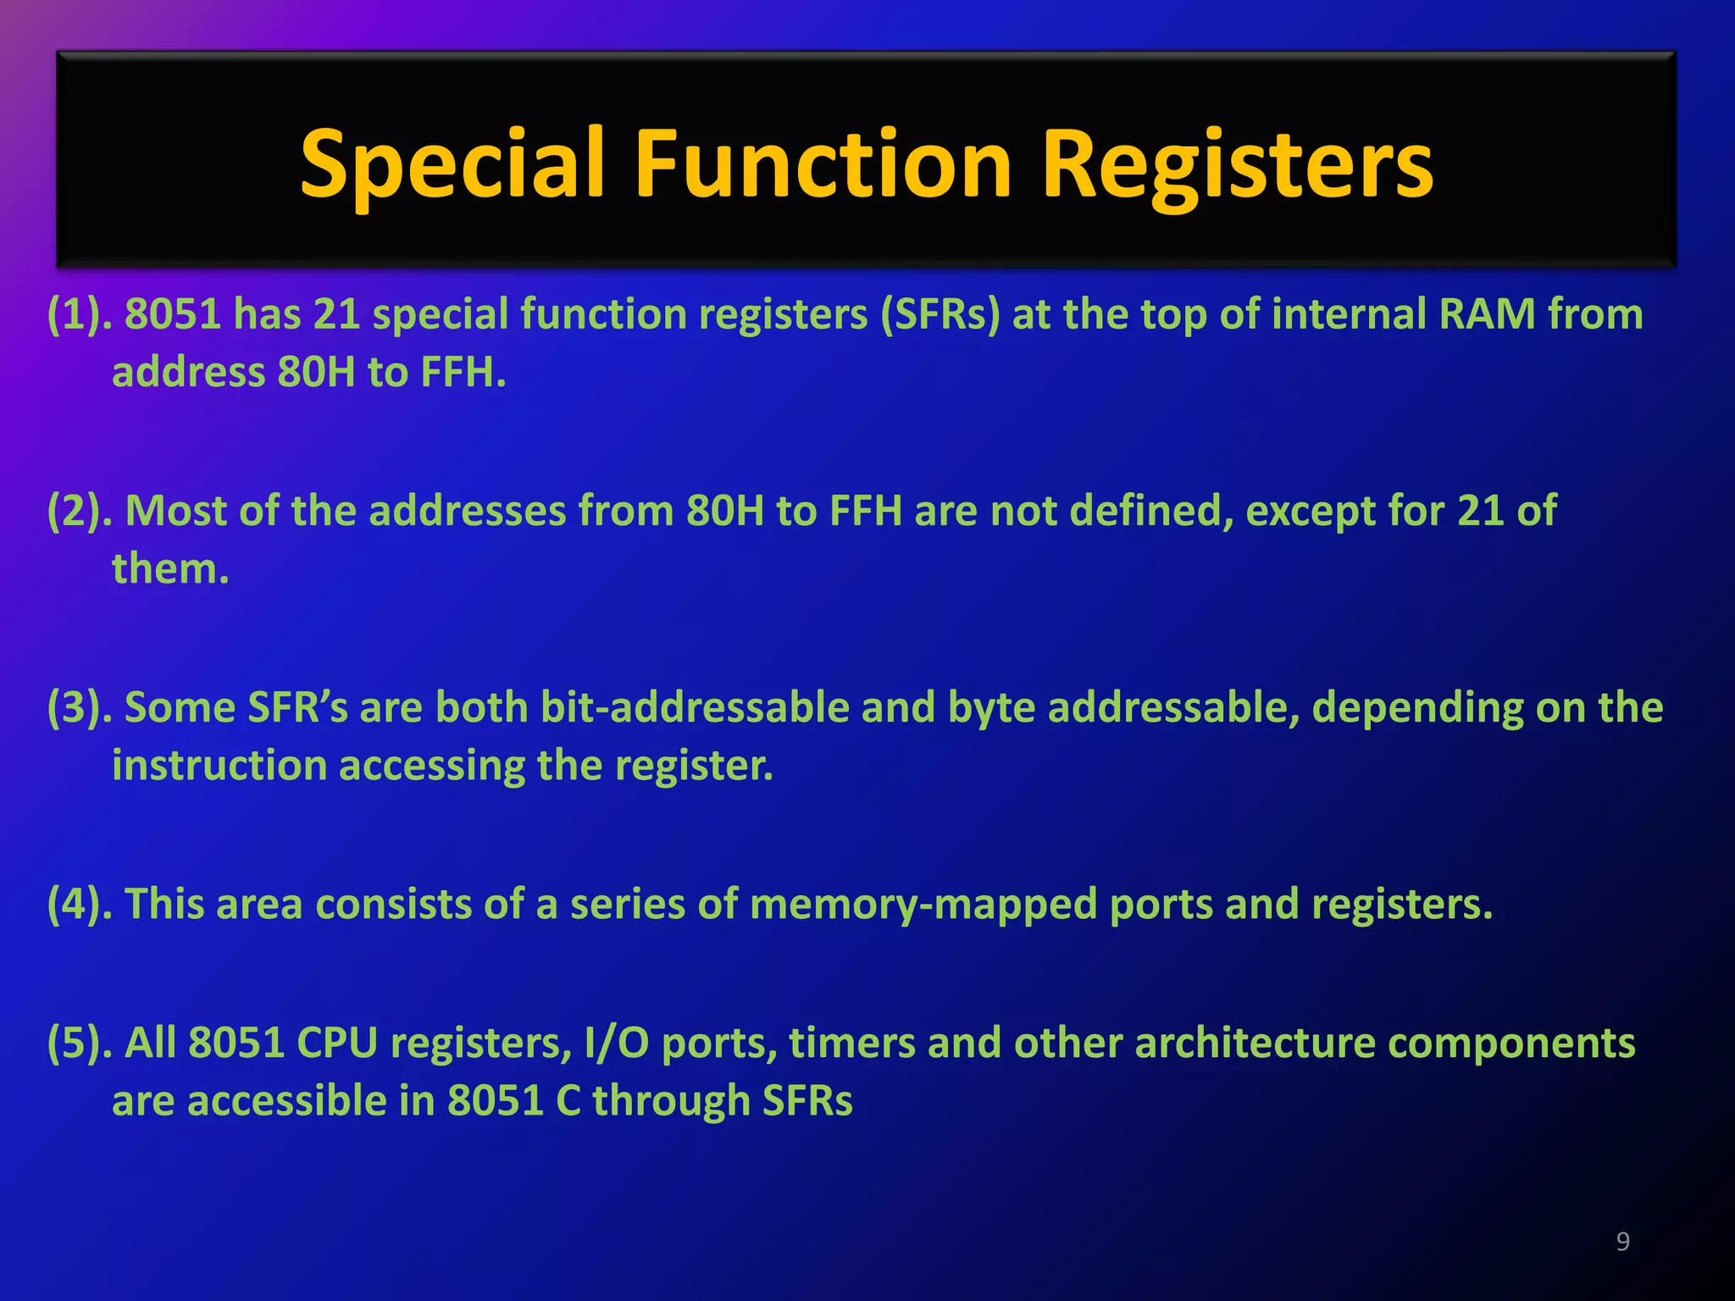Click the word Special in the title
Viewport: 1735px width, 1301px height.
pyautogui.click(x=452, y=165)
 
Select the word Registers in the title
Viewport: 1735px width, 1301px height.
pyautogui.click(x=1237, y=165)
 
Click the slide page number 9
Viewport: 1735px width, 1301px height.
pyautogui.click(x=1622, y=1242)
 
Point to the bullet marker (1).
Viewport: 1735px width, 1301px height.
pyautogui.click(x=80, y=314)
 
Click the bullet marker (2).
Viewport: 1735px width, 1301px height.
pyautogui.click(x=80, y=512)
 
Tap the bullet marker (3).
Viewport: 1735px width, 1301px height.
pyautogui.click(x=80, y=708)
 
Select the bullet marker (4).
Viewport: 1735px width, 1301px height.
pyautogui.click(x=80, y=905)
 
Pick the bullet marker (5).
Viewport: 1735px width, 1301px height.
pyautogui.click(x=80, y=1044)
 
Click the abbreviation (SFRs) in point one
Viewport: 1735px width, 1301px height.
pyautogui.click(x=940, y=314)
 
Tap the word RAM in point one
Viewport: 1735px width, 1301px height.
pyautogui.click(x=1487, y=314)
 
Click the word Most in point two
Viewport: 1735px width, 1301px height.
pyautogui.click(x=175, y=512)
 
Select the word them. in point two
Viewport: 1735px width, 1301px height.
pyautogui.click(x=170, y=569)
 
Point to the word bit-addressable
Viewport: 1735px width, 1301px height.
pyautogui.click(x=695, y=708)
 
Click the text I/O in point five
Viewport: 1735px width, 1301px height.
pyautogui.click(x=616, y=1044)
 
